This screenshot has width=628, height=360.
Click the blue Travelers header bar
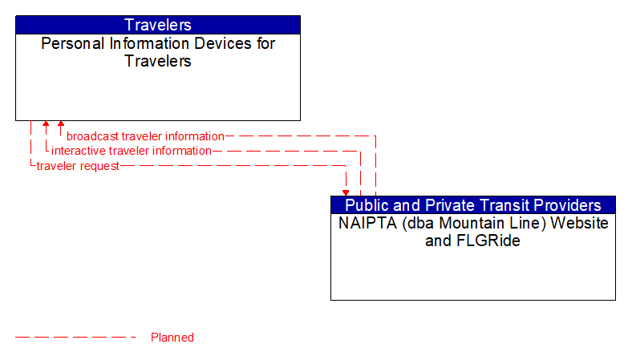pyautogui.click(x=158, y=25)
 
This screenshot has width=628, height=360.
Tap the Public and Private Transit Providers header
pyautogui.click(x=473, y=205)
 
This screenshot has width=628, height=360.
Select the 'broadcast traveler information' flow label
pyautogui.click(x=145, y=136)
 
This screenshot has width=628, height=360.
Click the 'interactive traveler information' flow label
pyautogui.click(x=132, y=151)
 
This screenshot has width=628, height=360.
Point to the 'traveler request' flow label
pyautogui.click(x=78, y=166)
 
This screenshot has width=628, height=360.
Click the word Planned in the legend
pyautogui.click(x=172, y=338)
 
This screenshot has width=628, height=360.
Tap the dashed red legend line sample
pyautogui.click(x=76, y=338)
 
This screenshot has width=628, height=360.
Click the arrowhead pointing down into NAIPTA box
pyautogui.click(x=346, y=192)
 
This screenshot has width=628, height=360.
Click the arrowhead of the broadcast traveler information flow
pyautogui.click(x=61, y=125)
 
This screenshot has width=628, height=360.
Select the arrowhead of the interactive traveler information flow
pyautogui.click(x=46, y=125)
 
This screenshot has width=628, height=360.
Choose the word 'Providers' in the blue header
pyautogui.click(x=565, y=205)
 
